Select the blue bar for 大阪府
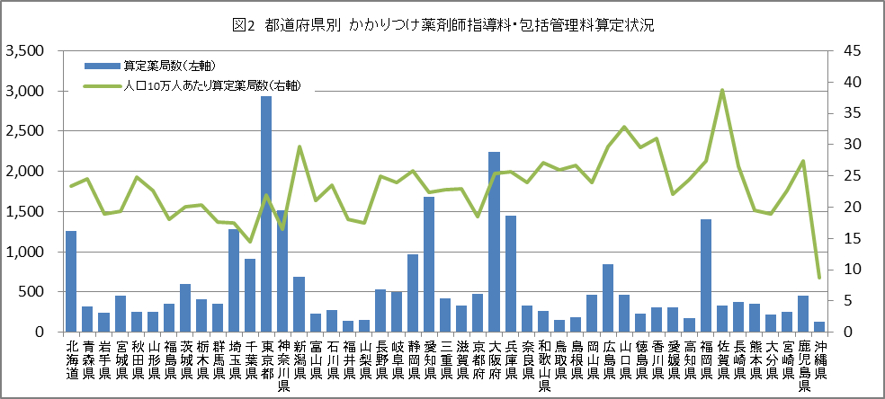494,242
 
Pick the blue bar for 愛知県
429,264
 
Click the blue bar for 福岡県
706,275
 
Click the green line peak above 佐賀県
722,90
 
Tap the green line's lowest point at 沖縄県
819,277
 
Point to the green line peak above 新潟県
299,146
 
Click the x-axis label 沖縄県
819,359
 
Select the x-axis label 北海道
71,359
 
